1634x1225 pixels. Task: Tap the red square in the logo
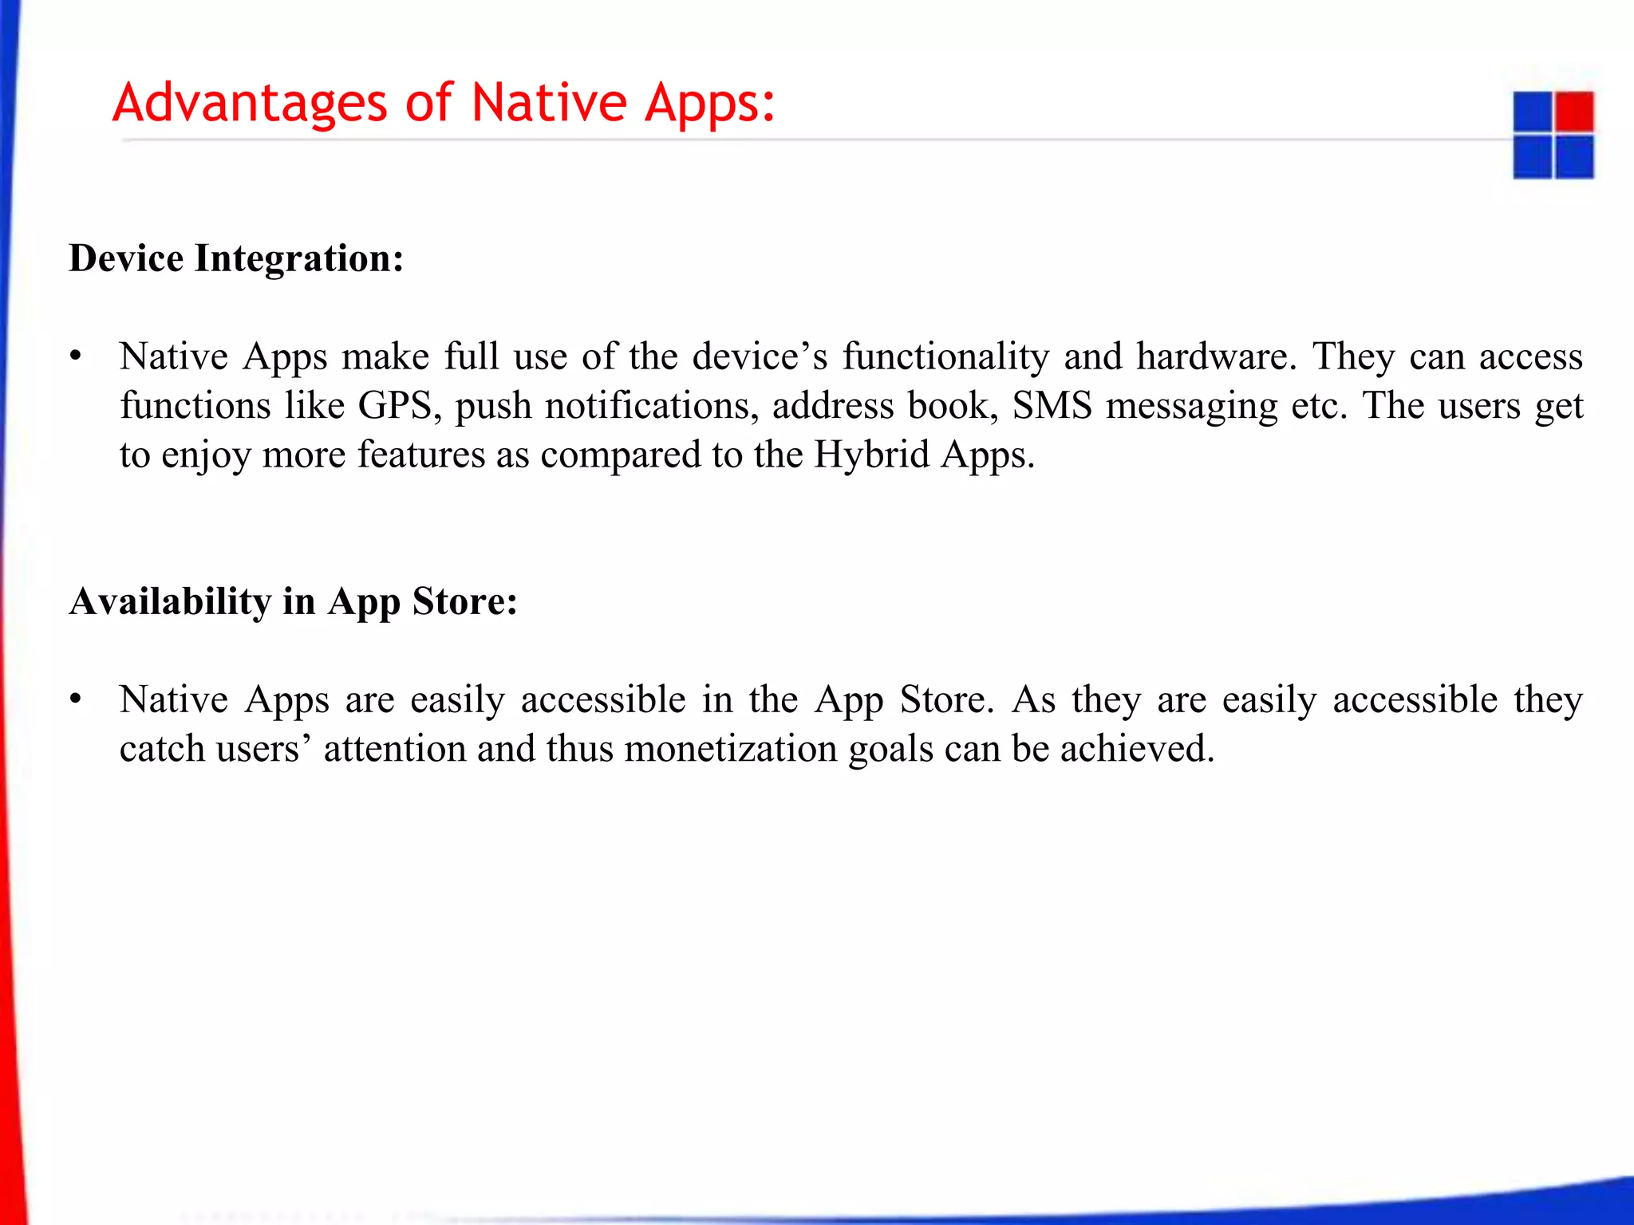point(1574,112)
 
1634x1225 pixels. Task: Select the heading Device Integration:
point(236,258)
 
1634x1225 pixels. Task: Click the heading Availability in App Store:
point(293,601)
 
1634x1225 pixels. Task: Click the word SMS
point(1052,406)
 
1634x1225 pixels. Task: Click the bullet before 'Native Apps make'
point(76,356)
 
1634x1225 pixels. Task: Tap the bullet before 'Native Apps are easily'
point(76,699)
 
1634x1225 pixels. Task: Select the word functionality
point(945,356)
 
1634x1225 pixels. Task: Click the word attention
point(395,750)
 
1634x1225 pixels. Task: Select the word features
point(420,455)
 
